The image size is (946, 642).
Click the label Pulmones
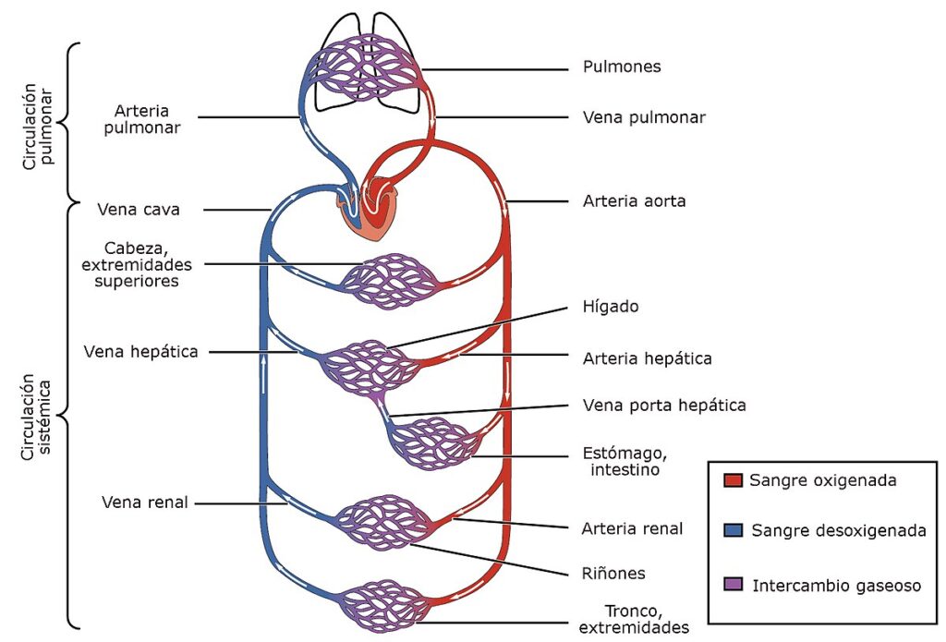click(x=622, y=67)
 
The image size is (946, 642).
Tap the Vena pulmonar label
click(x=644, y=117)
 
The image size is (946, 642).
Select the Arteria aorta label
click(x=634, y=201)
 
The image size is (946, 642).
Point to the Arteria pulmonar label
click(x=141, y=119)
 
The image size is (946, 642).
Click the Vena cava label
click(x=139, y=210)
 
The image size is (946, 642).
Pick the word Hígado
click(x=611, y=307)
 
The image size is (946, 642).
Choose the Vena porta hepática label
click(x=664, y=405)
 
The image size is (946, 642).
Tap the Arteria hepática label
click(x=647, y=358)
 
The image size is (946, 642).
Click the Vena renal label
click(x=145, y=502)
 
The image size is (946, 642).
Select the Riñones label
click(x=613, y=574)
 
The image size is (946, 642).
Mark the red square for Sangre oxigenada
click(x=733, y=480)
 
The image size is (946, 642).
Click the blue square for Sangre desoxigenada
click(x=733, y=530)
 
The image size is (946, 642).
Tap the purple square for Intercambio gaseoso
click(x=733, y=584)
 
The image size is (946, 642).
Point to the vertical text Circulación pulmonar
click(x=38, y=127)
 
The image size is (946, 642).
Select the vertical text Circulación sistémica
click(x=36, y=417)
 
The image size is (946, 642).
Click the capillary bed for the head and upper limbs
click(x=390, y=282)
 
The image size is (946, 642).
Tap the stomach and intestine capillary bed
click(x=434, y=443)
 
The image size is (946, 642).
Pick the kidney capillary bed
click(x=382, y=523)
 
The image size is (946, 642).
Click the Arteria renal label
click(x=632, y=528)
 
